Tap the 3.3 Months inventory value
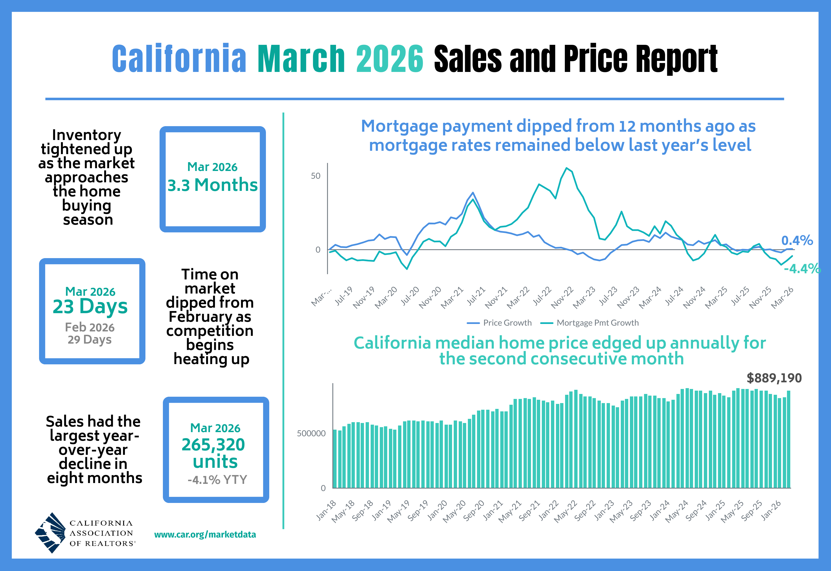[x=212, y=185]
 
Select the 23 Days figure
[x=90, y=307]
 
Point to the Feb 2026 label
[x=89, y=327]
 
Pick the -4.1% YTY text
[x=217, y=480]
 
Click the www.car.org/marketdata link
[x=205, y=534]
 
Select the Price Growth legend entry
[x=500, y=323]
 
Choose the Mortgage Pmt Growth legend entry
[x=590, y=323]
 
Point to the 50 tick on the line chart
[x=316, y=176]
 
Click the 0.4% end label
[x=797, y=240]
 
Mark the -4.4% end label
[x=802, y=268]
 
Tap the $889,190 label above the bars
[x=774, y=378]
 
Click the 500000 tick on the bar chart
[x=311, y=433]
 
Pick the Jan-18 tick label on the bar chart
[x=326, y=510]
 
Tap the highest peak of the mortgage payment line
[x=566, y=168]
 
